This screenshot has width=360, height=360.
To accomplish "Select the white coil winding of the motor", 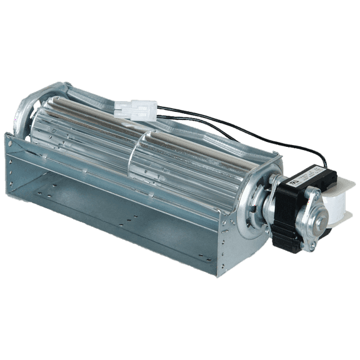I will (337, 206).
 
